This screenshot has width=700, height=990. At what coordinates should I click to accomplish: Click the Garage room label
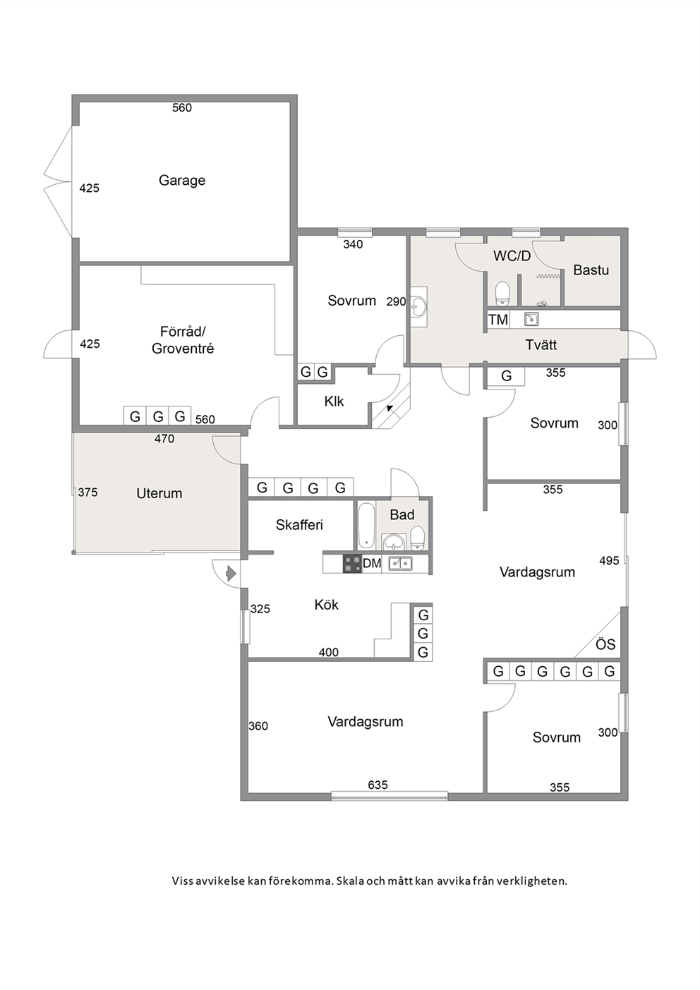pos(182,181)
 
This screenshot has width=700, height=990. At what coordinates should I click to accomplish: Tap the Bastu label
pos(591,270)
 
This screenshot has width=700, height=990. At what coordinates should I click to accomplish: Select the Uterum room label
pos(159,493)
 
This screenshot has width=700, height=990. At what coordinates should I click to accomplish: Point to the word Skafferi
pos(299,524)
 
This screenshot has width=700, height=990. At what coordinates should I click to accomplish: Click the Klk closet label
pos(334,402)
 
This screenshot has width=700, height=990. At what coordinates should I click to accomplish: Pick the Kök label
pos(326,605)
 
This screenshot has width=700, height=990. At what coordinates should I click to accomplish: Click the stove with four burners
pos(352,564)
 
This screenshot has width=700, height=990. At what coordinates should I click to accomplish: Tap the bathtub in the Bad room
pos(366,526)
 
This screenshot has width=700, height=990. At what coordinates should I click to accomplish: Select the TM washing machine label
pos(498,320)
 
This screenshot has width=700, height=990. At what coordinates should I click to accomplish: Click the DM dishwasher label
pos(372,564)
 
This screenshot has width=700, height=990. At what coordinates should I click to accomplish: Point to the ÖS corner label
pos(605,644)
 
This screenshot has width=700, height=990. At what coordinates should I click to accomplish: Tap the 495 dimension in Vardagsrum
pos(609,561)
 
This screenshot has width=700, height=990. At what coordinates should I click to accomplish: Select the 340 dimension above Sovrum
pos(353,244)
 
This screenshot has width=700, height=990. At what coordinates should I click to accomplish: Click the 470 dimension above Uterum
pos(164,439)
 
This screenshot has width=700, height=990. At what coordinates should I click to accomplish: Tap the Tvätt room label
pos(541,345)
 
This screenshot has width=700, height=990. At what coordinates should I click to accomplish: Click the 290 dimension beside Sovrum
pos(396,301)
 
